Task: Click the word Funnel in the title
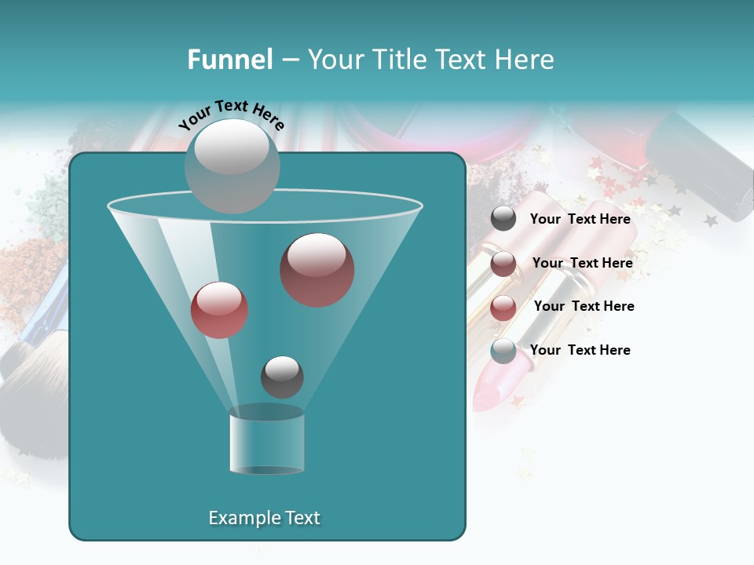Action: point(229,60)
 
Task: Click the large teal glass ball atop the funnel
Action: point(232,166)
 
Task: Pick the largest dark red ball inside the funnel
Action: point(317,270)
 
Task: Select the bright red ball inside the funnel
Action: point(219,310)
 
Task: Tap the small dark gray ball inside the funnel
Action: point(282,377)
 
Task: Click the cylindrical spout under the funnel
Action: point(266,441)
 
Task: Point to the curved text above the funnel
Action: point(231,114)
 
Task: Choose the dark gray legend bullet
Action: point(503,219)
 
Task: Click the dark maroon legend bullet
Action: point(503,263)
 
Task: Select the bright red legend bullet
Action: point(503,307)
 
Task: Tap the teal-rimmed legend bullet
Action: point(503,350)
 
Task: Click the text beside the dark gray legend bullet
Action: point(580,219)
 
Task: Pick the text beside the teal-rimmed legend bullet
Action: point(580,350)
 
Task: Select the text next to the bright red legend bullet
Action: point(584,306)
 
